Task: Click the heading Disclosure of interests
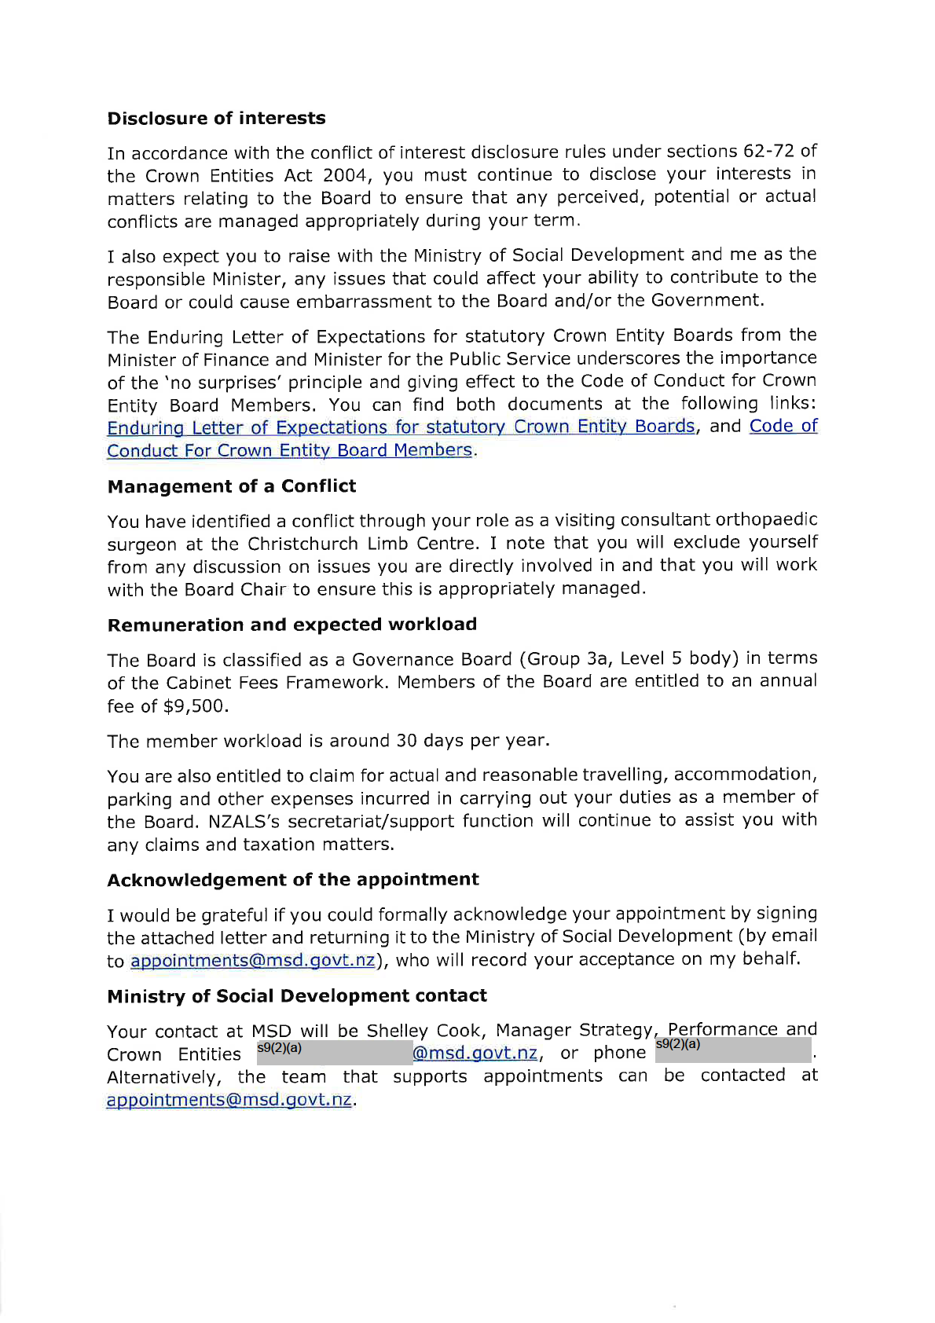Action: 216,118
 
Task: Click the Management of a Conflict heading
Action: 231,486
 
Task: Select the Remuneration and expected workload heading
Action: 291,625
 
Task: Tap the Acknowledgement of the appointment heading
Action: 292,880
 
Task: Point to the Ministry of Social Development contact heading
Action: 296,996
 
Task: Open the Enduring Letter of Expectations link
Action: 401,427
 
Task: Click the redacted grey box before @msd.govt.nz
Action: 334,1053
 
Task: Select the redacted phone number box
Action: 732,1051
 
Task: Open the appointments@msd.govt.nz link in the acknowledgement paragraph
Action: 252,961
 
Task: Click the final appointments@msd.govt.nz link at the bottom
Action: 229,1100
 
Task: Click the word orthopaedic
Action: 766,520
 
